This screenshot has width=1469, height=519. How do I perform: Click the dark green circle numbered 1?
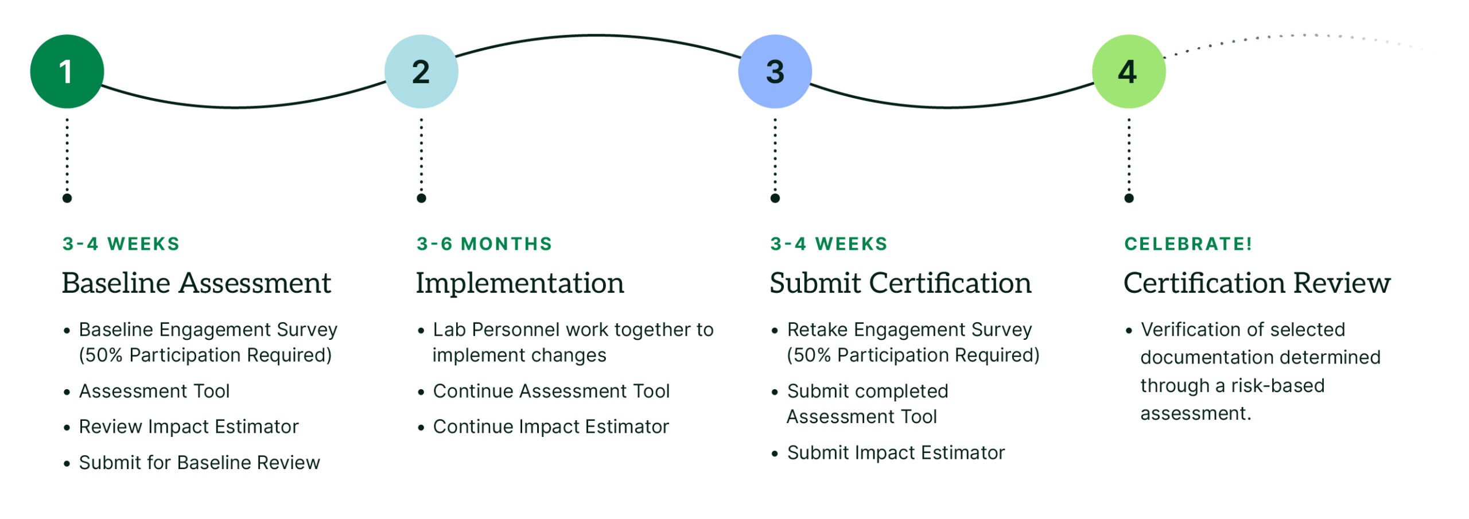point(67,71)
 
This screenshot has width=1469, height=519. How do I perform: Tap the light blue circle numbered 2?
point(421,71)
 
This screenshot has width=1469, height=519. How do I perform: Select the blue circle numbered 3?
point(775,71)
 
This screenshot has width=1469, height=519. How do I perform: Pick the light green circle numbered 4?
point(1129,71)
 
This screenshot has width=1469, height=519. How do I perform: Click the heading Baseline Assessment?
point(196,283)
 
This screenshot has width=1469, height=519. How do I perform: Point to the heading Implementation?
point(520,283)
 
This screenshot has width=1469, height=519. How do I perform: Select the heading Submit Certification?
point(900,283)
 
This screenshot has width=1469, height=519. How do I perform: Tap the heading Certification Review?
point(1257,283)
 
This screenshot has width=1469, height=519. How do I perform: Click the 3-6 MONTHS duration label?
point(484,244)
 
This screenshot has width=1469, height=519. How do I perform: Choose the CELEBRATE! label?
point(1188,244)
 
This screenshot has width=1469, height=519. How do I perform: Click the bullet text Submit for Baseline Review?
point(200,463)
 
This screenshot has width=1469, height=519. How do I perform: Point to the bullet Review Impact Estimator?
point(189,427)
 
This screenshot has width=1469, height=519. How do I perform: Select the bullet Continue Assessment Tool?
point(551,392)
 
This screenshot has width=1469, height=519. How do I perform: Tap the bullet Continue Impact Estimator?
point(551,427)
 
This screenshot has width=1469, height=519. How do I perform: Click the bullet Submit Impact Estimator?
point(896,453)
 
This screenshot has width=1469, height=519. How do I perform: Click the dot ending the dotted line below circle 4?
point(1129,199)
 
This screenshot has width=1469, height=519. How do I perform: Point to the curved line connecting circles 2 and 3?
point(597,36)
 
